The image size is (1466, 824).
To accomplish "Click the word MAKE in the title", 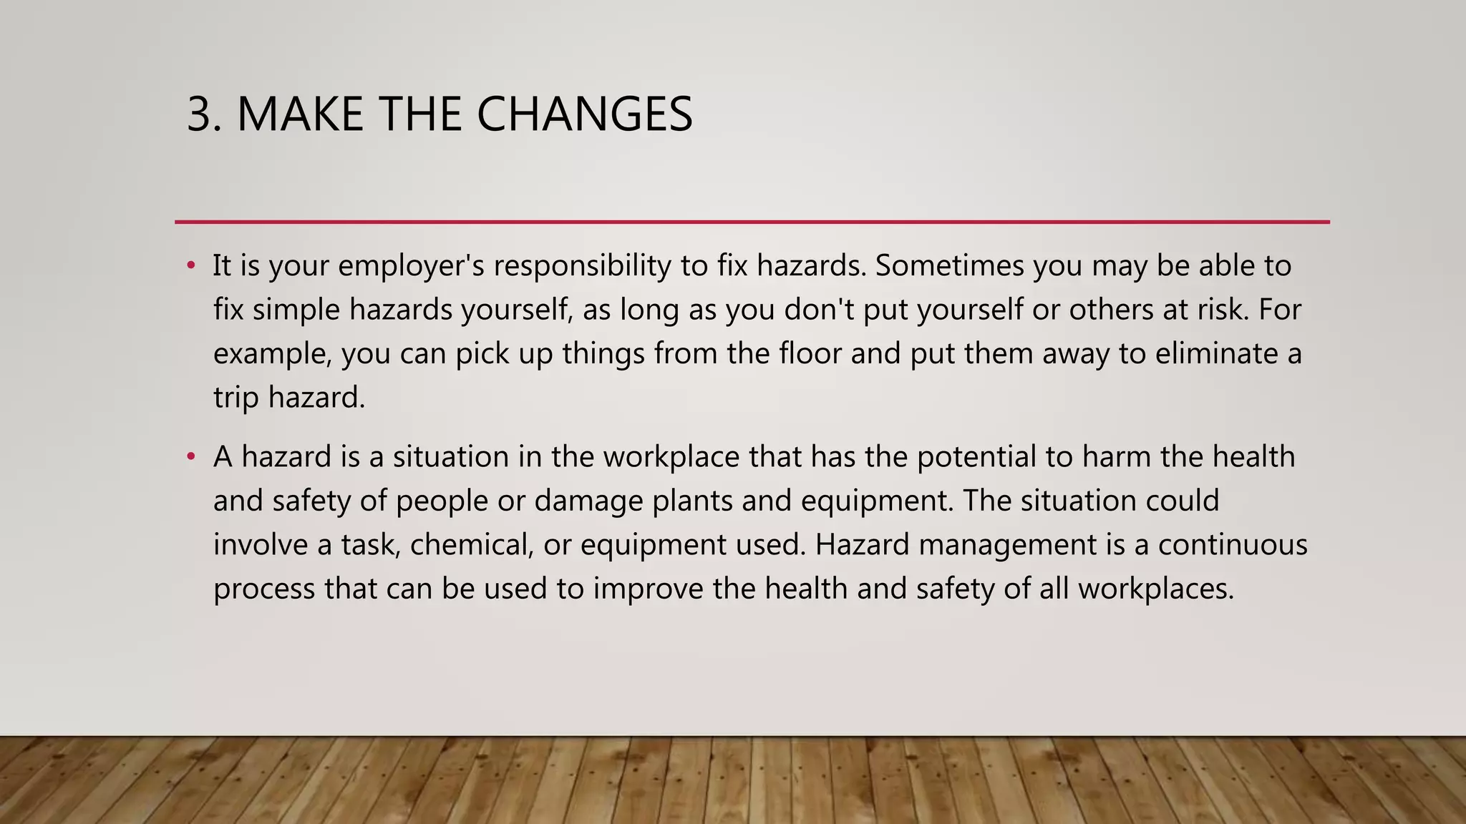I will click(301, 114).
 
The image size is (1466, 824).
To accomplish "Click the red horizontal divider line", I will click(752, 222).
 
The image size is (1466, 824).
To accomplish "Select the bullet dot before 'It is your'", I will click(190, 266).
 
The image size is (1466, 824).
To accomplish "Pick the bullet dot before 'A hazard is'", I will click(190, 457).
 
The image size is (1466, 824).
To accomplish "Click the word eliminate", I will click(1217, 354).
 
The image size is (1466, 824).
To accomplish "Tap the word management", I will click(1008, 545).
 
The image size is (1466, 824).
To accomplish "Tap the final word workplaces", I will click(1156, 589).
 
